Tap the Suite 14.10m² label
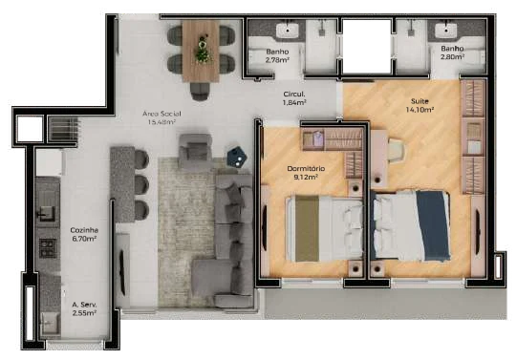pyautogui.click(x=420, y=105)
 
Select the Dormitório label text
pyautogui.click(x=306, y=169)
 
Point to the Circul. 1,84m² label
pyautogui.click(x=294, y=98)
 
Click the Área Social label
pyautogui.click(x=162, y=114)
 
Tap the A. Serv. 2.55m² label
pyautogui.click(x=84, y=308)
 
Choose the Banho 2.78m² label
pyautogui.click(x=277, y=55)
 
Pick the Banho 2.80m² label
pyautogui.click(x=452, y=53)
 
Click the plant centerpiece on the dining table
pyautogui.click(x=202, y=49)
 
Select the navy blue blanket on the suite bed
pyautogui.click(x=433, y=225)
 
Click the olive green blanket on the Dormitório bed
pyautogui.click(x=307, y=228)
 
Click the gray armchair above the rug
pyautogui.click(x=195, y=150)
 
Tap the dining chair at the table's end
pyautogui.click(x=200, y=91)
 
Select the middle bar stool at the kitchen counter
pyautogui.click(x=141, y=184)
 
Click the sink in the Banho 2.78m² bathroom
pyautogui.click(x=288, y=31)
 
